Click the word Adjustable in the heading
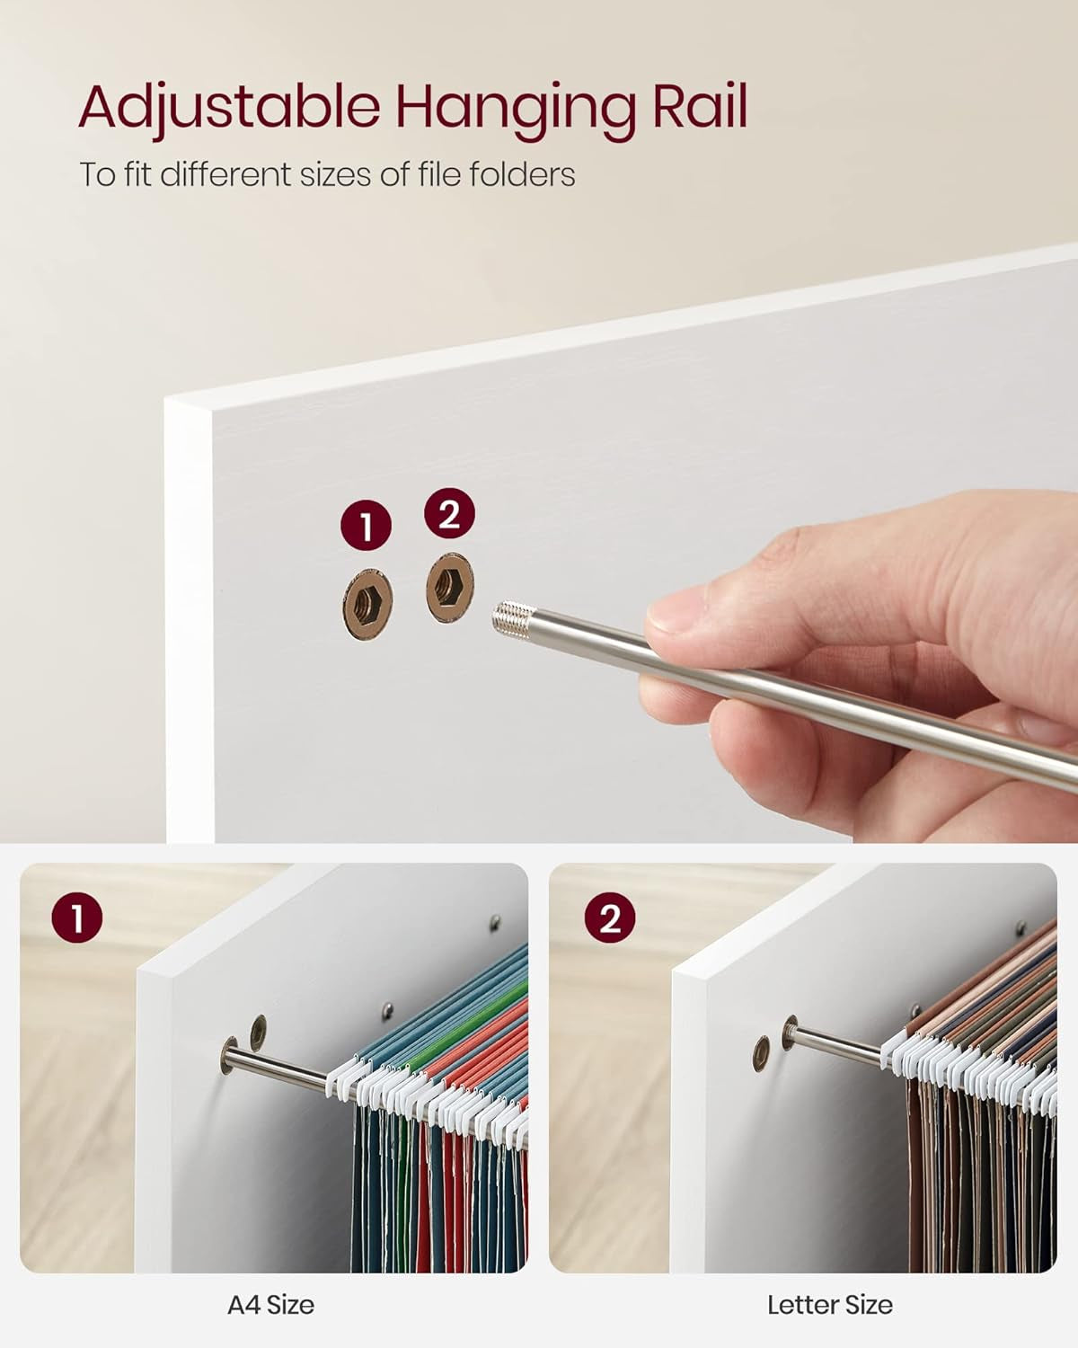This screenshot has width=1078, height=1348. tap(229, 109)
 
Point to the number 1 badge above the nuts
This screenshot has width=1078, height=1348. tap(367, 526)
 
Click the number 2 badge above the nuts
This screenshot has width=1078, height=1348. tap(449, 513)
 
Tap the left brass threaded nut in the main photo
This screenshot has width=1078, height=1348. tap(367, 604)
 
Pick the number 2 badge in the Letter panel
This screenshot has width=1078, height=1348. tap(609, 918)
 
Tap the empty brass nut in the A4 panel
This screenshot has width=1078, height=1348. tap(258, 1033)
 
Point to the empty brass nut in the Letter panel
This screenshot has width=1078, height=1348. tap(761, 1053)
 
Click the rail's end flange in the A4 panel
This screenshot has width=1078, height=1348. tap(229, 1055)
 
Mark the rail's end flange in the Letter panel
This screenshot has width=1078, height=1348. tap(790, 1032)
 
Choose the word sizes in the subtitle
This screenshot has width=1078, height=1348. tap(336, 174)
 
